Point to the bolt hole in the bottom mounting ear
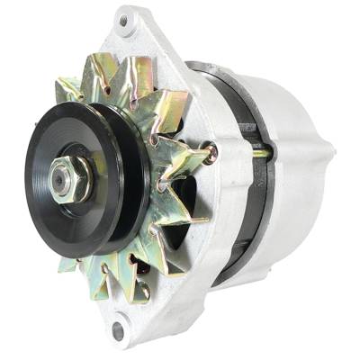coord(118,331)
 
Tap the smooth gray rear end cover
coord(297,153)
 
